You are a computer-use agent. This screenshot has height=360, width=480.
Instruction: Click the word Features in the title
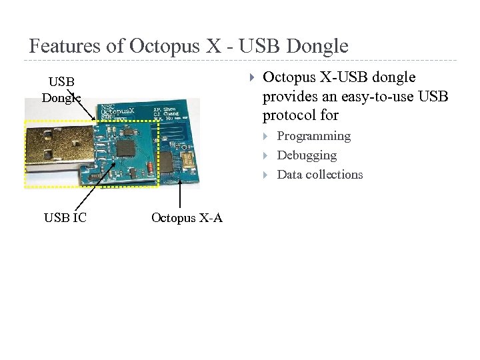[65, 46]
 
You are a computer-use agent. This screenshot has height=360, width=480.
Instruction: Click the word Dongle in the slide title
[317, 46]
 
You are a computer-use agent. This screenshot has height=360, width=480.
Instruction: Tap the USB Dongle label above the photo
[61, 90]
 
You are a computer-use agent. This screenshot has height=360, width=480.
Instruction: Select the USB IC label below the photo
[65, 217]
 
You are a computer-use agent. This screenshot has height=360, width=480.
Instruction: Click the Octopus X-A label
[187, 218]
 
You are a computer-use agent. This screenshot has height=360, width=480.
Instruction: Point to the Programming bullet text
[313, 136]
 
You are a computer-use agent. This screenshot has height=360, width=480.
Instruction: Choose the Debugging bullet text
[307, 155]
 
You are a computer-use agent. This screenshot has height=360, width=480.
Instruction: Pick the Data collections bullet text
[320, 175]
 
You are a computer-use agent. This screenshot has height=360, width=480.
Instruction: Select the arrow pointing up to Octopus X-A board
[181, 193]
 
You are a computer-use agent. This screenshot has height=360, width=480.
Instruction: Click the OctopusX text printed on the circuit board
[120, 111]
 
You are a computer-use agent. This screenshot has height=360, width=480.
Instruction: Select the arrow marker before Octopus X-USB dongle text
[251, 78]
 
